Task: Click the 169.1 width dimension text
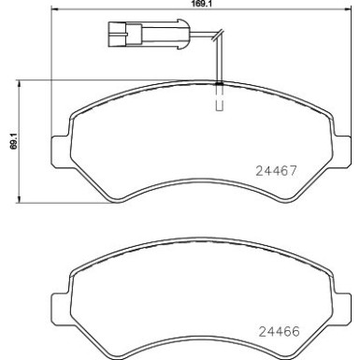(x=198, y=4)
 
